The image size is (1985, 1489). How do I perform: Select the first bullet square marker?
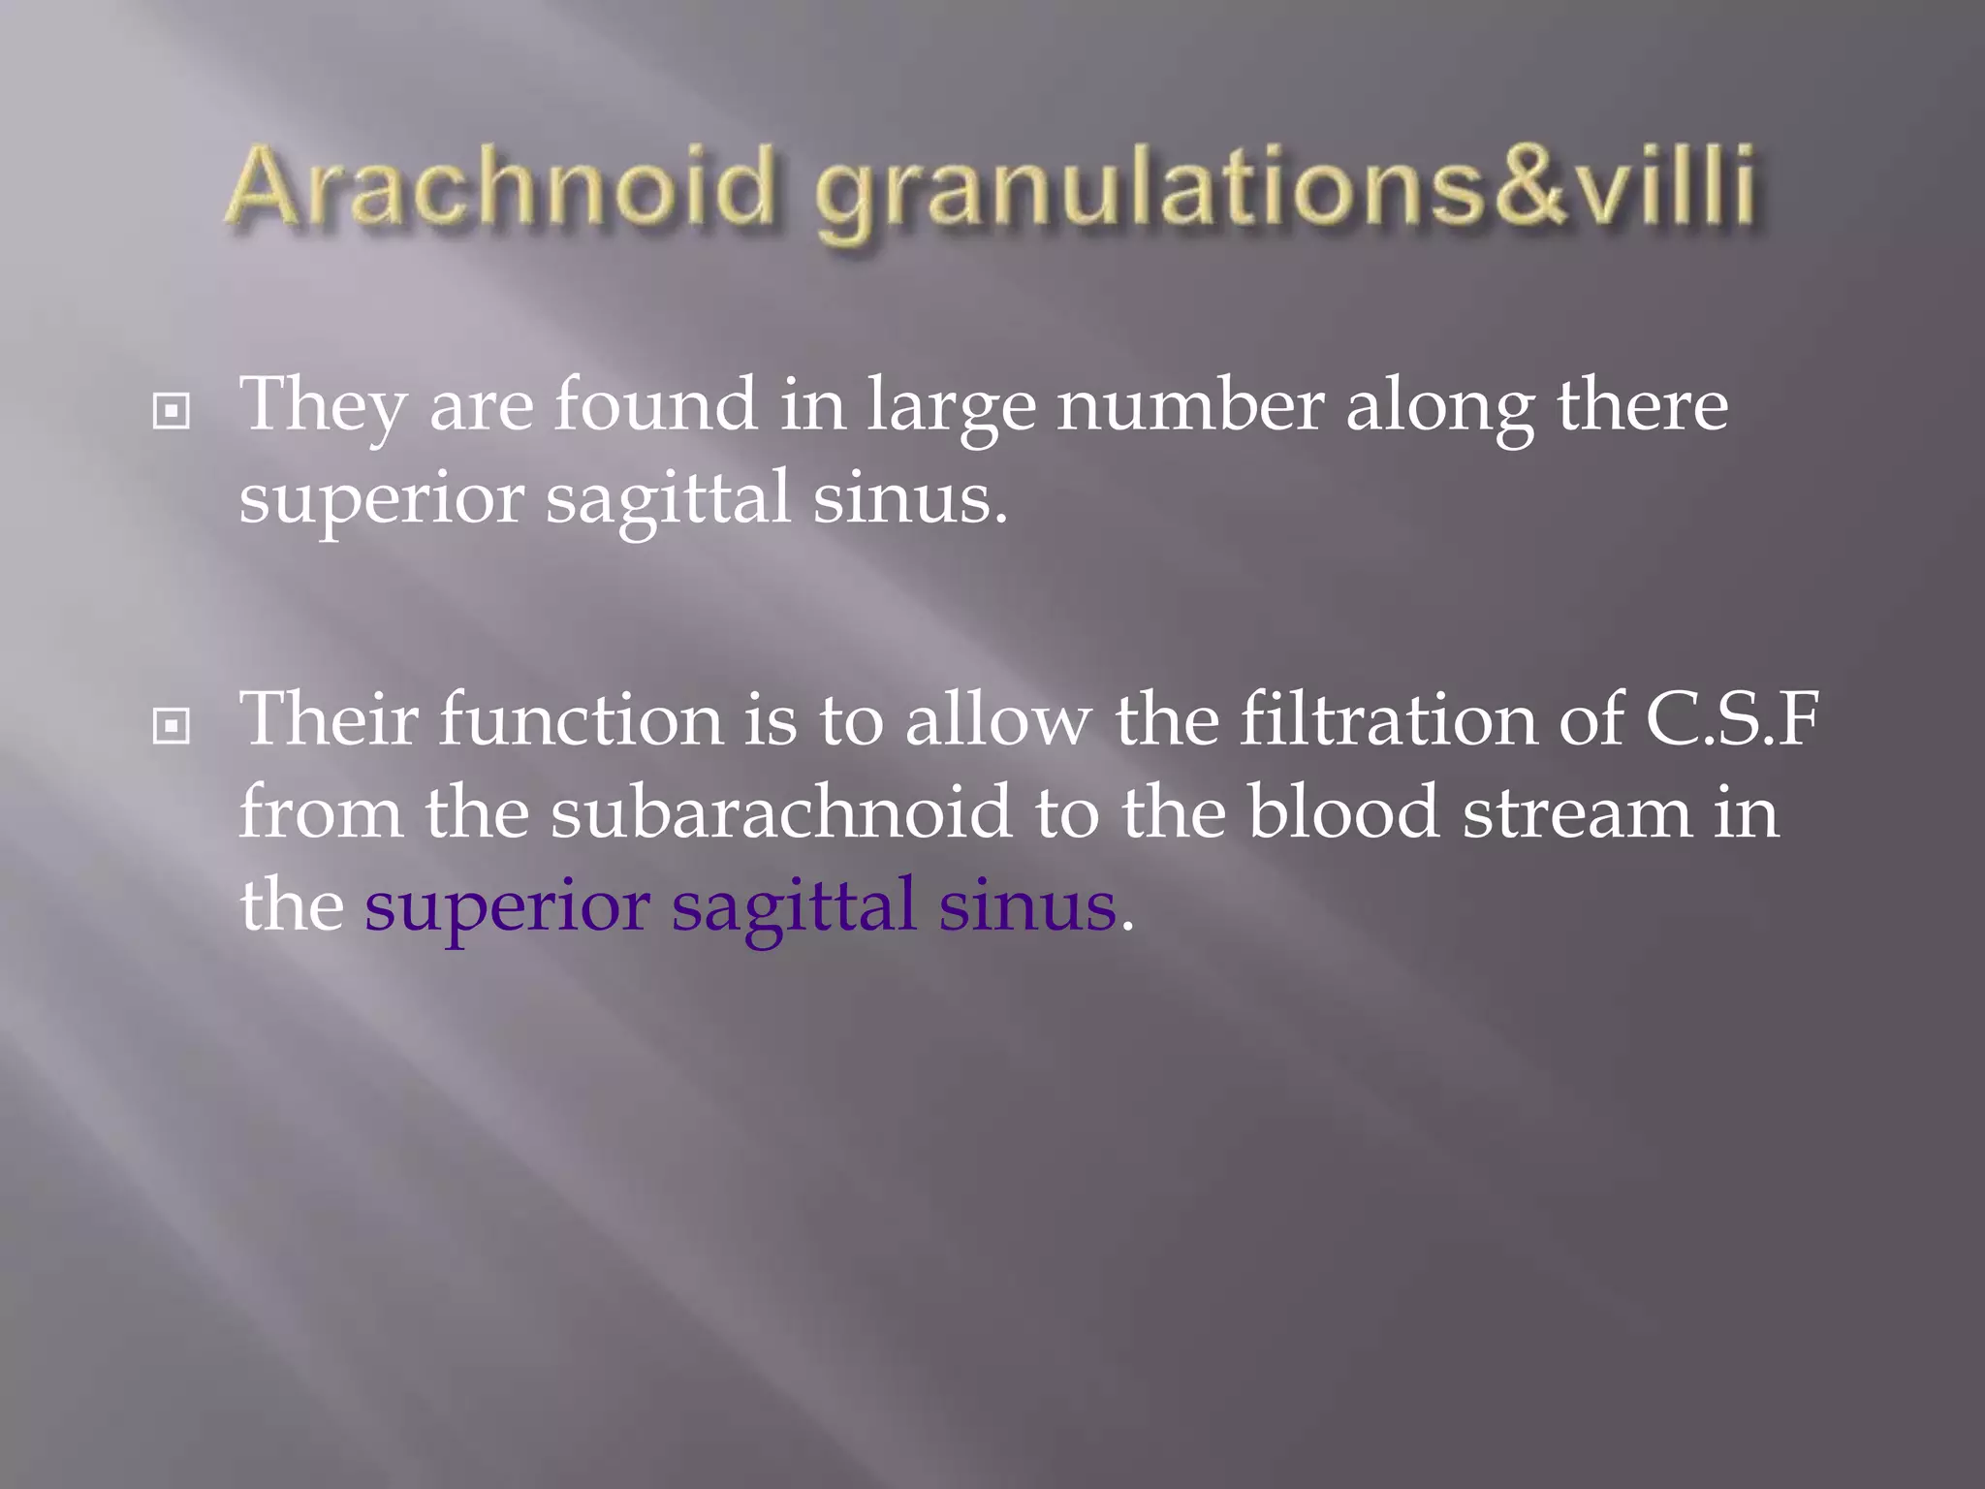(x=172, y=412)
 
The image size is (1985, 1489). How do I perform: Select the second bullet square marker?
(x=172, y=725)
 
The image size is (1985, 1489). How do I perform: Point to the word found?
(x=655, y=404)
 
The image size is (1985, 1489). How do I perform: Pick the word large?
(x=951, y=407)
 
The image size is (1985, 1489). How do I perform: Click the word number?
(x=1190, y=404)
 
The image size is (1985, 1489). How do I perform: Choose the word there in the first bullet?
(x=1642, y=404)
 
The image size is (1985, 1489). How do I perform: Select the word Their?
(x=329, y=719)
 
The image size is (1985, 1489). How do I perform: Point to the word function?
(x=581, y=719)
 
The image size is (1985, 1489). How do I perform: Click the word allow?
(x=997, y=719)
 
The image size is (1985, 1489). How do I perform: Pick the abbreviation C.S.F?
(x=1731, y=719)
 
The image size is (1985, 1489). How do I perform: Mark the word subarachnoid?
(x=781, y=812)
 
